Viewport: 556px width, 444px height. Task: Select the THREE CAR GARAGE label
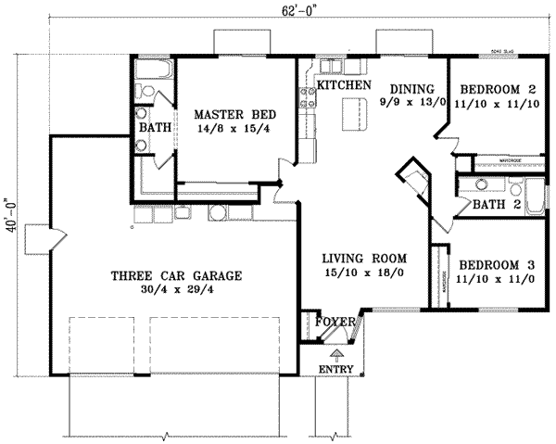point(176,275)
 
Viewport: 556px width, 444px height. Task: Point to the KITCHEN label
point(345,85)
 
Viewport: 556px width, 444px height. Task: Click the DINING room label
point(406,89)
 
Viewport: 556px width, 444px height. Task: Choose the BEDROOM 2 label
point(499,89)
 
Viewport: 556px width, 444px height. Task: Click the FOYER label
point(335,322)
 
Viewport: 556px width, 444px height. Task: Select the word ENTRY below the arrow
point(335,370)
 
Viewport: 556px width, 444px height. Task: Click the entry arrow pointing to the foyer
point(336,352)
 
